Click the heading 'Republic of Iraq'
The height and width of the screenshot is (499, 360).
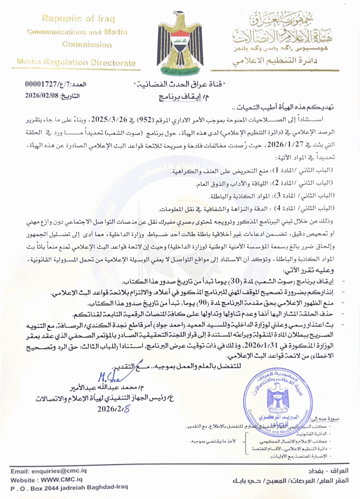pos(71,19)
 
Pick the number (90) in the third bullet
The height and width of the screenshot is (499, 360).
pos(169,303)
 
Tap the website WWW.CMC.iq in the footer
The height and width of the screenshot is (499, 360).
pos(47,479)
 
